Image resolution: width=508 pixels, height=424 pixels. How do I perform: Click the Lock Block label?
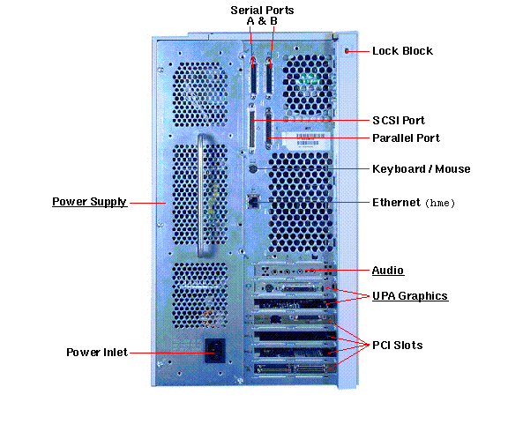click(402, 51)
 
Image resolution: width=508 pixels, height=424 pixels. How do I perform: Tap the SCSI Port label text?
click(399, 121)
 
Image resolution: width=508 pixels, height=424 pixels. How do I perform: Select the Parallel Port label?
click(406, 138)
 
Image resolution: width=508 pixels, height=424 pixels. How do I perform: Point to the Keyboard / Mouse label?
click(422, 168)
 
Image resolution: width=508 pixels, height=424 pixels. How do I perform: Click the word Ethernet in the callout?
click(396, 203)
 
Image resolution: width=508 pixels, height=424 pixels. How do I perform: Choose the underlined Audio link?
click(388, 270)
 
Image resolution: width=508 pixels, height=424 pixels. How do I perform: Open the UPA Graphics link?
click(410, 295)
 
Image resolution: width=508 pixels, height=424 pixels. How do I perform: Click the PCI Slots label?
click(398, 346)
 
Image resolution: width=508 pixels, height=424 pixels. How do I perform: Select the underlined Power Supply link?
click(89, 202)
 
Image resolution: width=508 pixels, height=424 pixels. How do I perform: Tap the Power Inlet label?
click(97, 352)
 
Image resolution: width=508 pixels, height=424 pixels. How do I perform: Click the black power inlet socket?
click(215, 351)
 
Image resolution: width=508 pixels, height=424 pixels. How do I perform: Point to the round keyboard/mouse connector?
click(253, 168)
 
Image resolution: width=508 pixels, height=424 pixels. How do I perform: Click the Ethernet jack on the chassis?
click(252, 202)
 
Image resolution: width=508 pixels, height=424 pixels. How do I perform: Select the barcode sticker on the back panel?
click(305, 139)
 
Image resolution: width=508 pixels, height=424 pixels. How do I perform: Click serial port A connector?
click(253, 78)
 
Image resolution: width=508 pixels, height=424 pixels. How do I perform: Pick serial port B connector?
click(269, 78)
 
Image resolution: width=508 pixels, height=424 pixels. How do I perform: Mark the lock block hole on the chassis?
click(347, 51)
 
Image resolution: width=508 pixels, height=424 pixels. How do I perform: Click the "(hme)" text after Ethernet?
click(440, 203)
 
